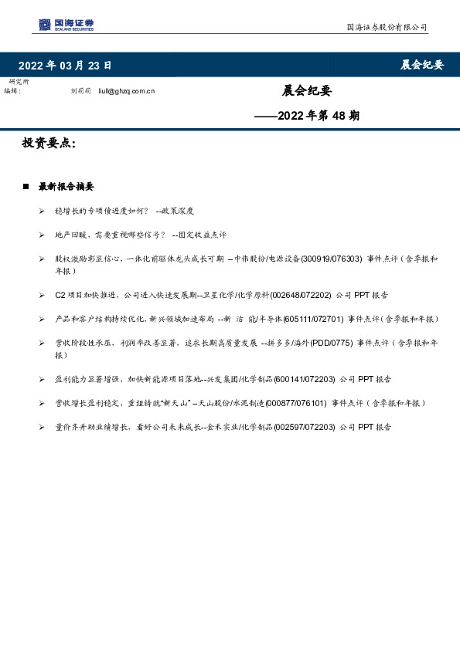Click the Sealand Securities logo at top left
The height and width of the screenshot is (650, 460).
[66, 25]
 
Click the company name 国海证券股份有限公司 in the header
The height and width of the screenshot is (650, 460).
[386, 27]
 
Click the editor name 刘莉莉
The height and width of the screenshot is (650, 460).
[80, 91]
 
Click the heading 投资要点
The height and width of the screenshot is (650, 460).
[48, 143]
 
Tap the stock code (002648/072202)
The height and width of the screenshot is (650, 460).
[303, 295]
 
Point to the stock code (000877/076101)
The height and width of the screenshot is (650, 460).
[296, 403]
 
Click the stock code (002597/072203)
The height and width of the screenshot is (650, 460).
[306, 426]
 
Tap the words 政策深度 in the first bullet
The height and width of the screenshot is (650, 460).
[177, 211]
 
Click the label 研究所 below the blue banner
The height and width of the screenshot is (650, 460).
[19, 82]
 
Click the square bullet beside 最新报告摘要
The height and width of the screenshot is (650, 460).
[26, 187]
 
